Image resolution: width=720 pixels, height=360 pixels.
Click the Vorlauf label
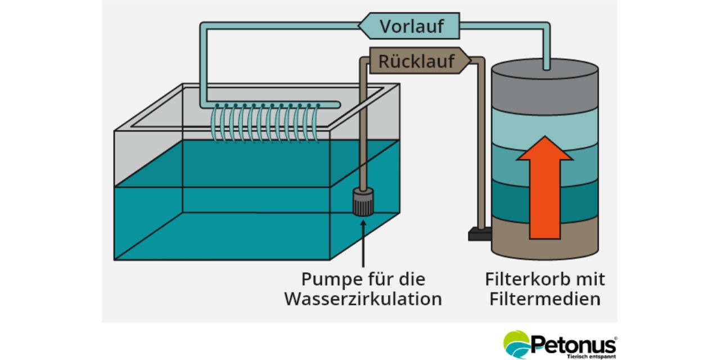click(411, 26)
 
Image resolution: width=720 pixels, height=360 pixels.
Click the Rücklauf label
click(417, 61)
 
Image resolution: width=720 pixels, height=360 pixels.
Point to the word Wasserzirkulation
click(363, 299)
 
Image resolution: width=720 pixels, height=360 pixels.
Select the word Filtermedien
click(544, 299)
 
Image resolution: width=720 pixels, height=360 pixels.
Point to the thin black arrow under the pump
click(363, 242)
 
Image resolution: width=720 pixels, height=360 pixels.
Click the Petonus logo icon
click(516, 344)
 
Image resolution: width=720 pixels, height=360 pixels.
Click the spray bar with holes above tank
click(270, 104)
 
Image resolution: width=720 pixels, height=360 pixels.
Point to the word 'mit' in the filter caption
click(589, 279)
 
